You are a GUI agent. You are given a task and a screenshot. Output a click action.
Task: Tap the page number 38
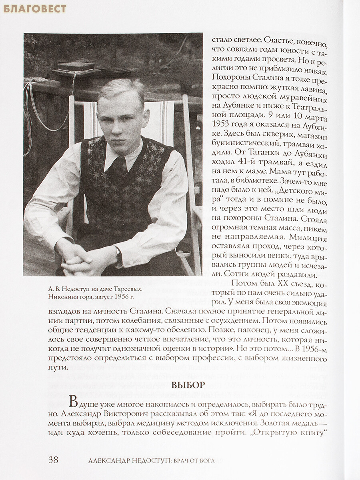click(x=53, y=459)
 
